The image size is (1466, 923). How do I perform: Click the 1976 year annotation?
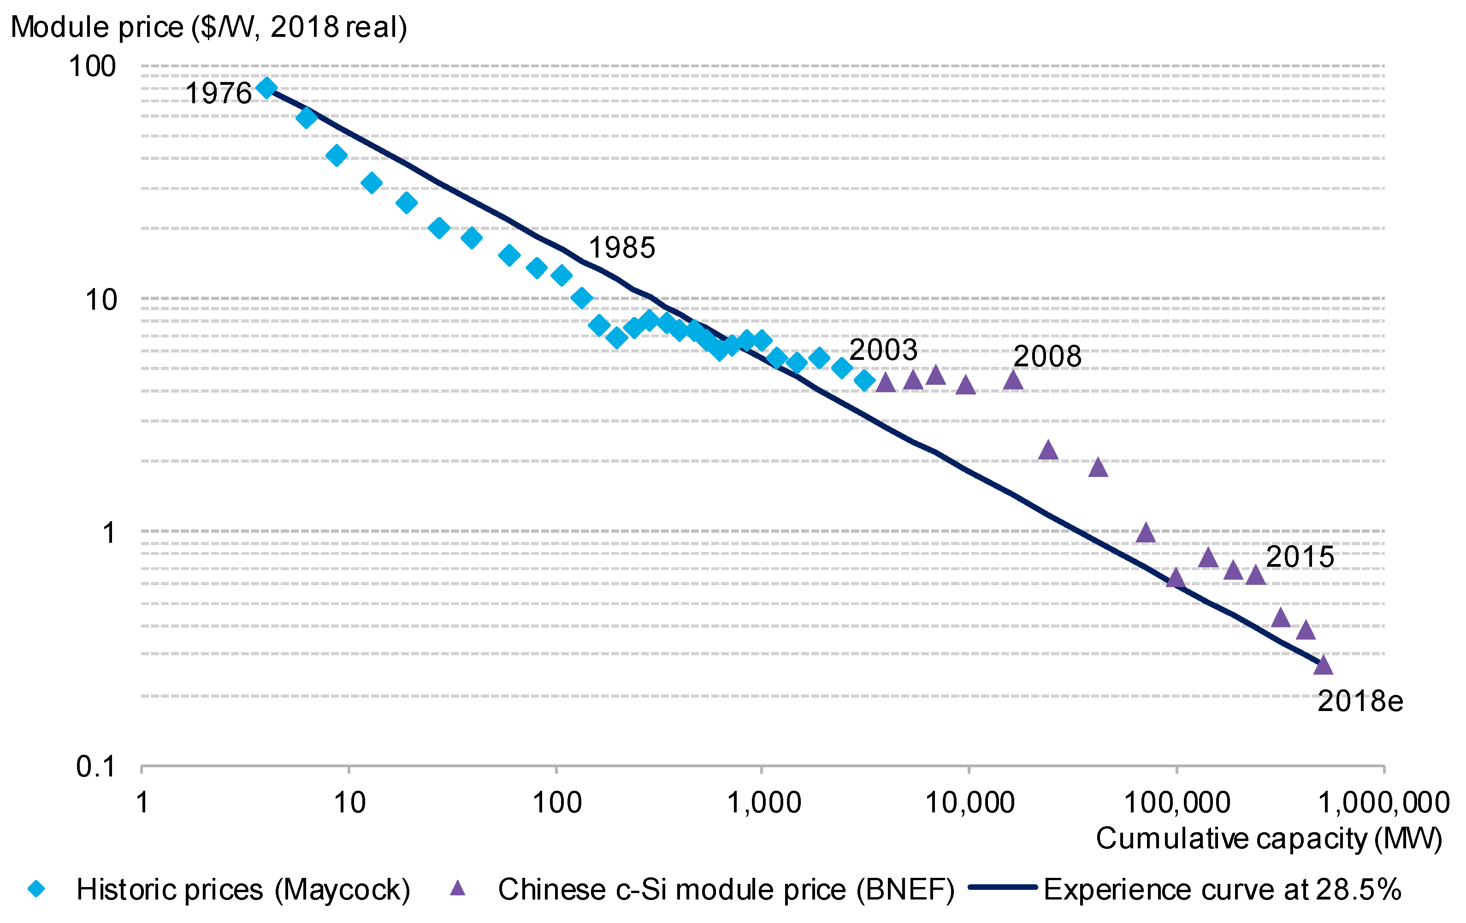218,94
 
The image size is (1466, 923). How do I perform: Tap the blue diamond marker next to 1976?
266,88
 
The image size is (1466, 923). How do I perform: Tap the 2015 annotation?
1300,557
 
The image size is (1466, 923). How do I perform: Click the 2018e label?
1360,701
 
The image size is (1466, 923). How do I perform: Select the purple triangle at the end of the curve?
1323,665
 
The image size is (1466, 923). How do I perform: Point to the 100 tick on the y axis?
92,66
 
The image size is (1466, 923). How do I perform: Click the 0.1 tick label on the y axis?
95,767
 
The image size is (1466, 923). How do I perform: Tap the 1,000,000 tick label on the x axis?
1383,803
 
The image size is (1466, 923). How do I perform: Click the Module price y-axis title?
209,27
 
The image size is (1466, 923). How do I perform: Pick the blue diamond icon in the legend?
36,889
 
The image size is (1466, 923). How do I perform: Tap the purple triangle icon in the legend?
457,889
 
